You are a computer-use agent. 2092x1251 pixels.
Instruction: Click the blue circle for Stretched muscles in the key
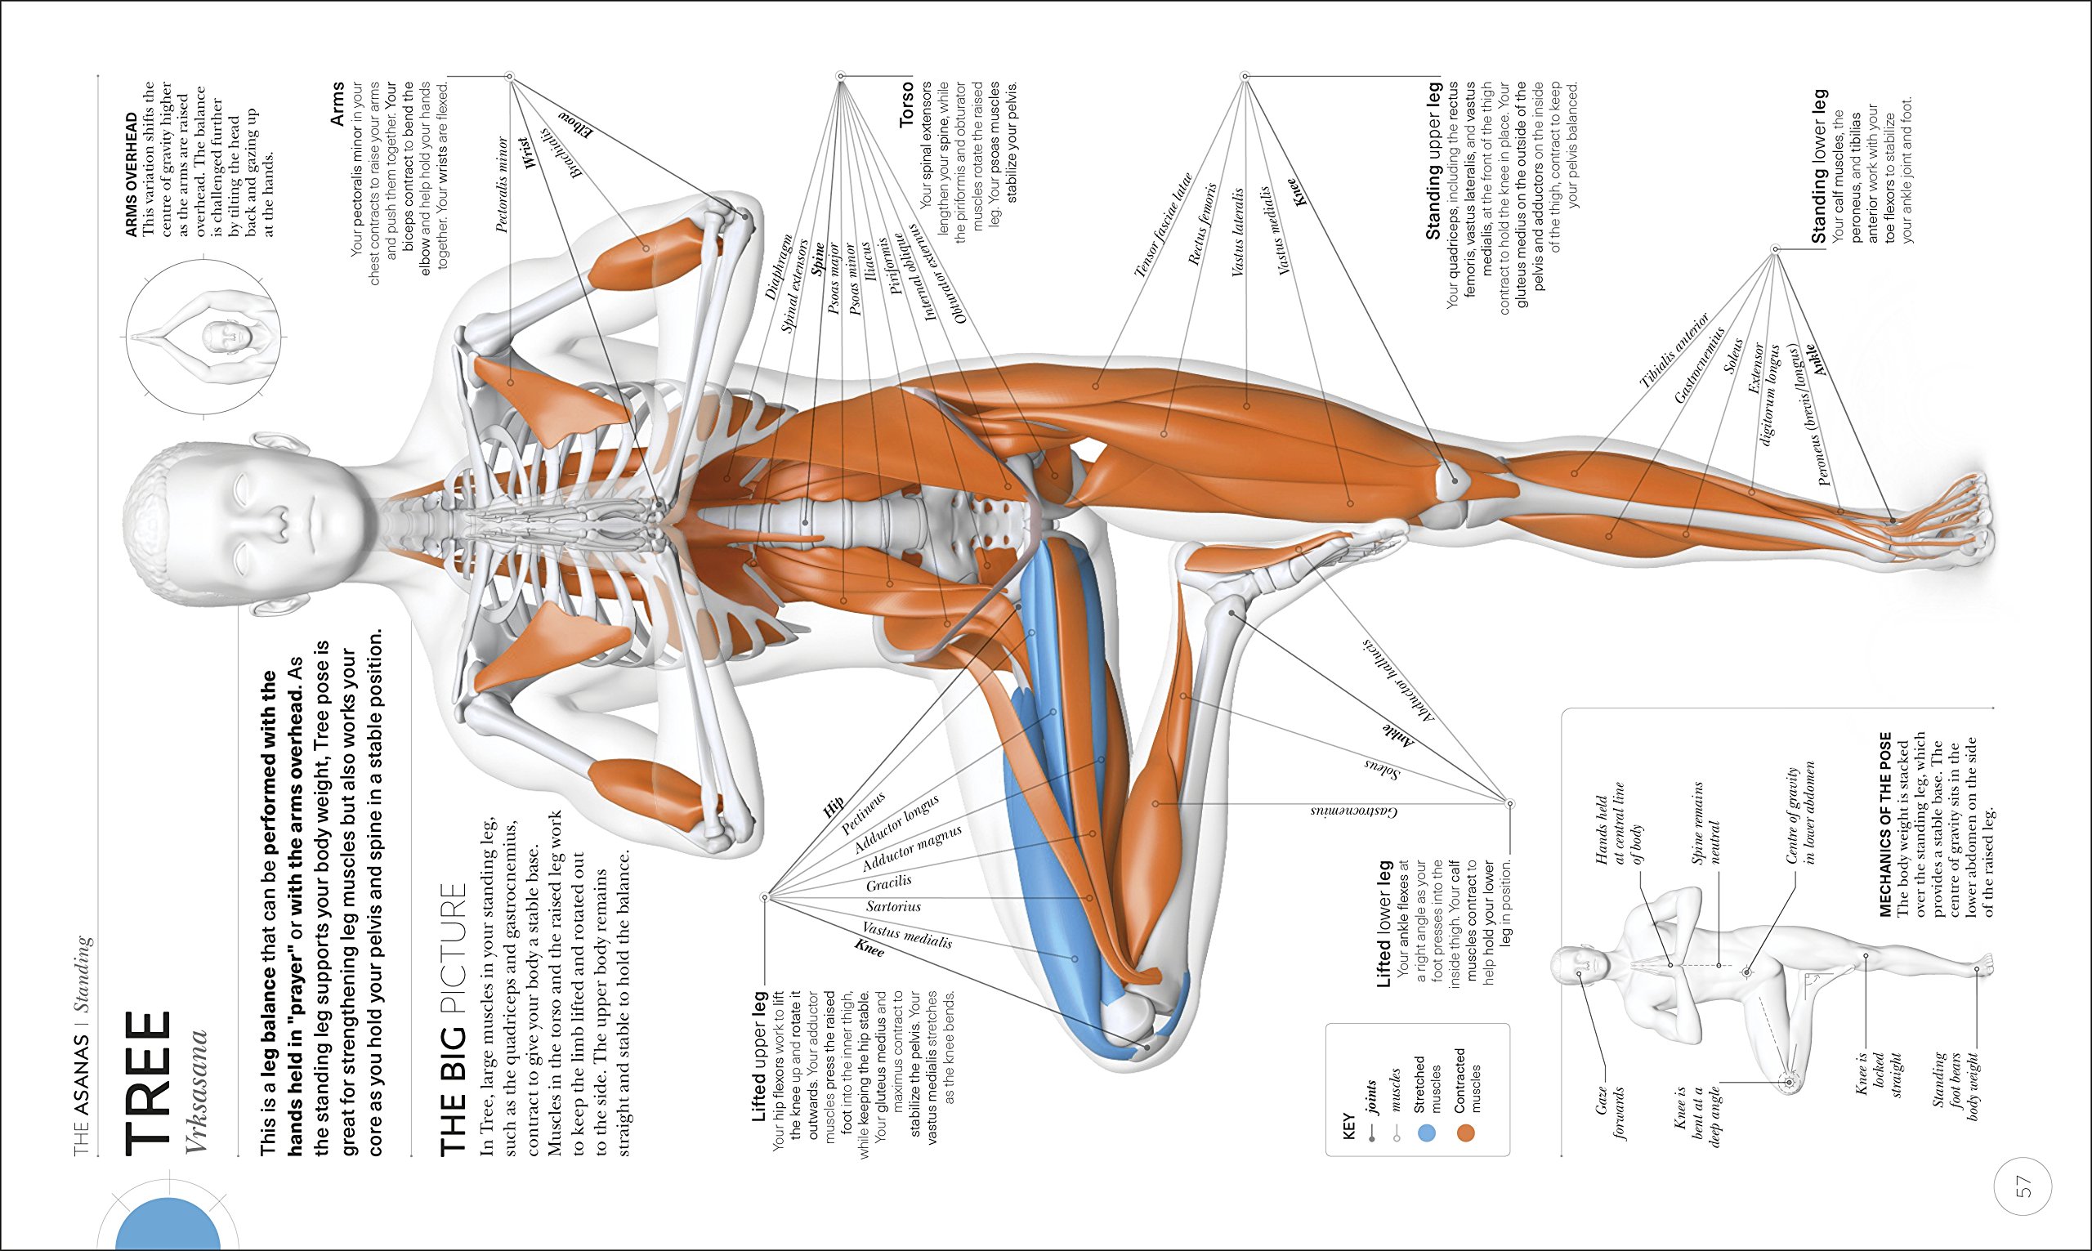click(x=1426, y=1133)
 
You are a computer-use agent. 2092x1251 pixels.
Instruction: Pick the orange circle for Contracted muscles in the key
click(x=1468, y=1133)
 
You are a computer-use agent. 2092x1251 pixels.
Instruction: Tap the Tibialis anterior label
click(x=1674, y=351)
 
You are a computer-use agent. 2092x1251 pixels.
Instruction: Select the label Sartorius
click(x=893, y=907)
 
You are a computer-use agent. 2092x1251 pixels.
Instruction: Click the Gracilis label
click(x=889, y=882)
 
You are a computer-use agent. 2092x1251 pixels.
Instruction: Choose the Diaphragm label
click(x=778, y=267)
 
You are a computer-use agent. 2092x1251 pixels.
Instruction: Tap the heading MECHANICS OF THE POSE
click(x=1885, y=824)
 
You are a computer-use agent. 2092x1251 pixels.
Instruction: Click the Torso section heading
click(x=906, y=105)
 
